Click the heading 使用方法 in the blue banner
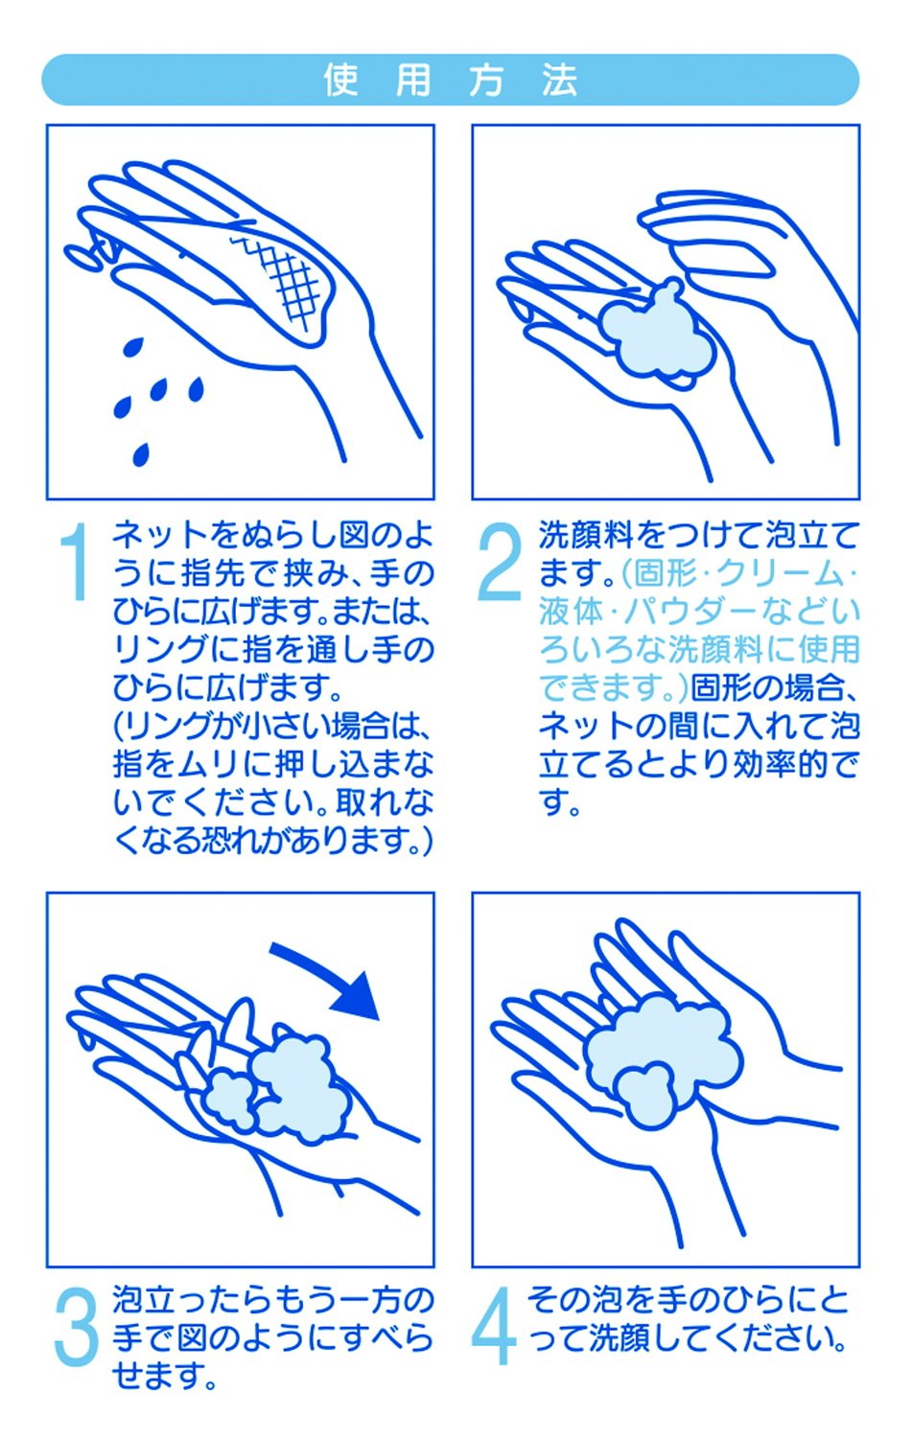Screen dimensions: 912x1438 tap(451, 80)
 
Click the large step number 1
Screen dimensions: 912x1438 tap(75, 561)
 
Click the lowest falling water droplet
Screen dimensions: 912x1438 tap(141, 453)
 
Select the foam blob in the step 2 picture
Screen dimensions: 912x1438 tap(654, 335)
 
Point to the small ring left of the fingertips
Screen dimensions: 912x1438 tap(82, 256)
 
